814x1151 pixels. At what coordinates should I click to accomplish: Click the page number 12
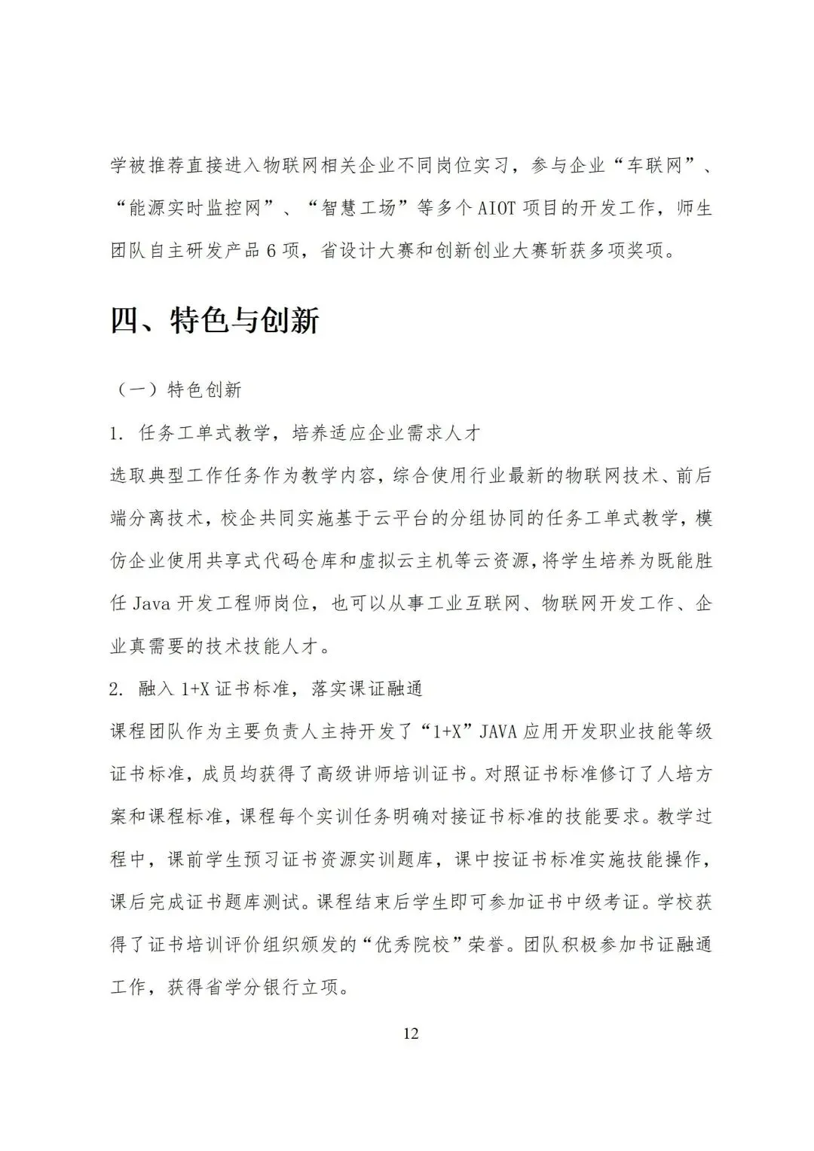click(411, 1033)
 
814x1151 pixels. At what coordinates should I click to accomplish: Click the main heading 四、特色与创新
click(216, 321)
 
